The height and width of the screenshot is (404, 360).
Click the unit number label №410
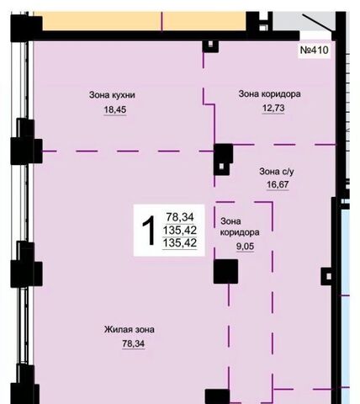[x=314, y=50]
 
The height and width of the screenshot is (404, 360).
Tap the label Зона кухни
[x=112, y=95]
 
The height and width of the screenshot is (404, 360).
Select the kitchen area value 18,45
[x=115, y=109]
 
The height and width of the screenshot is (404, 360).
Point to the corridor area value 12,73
[x=273, y=108]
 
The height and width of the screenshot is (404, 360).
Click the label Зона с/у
[x=277, y=171]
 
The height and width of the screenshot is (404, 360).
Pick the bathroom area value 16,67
[x=278, y=184]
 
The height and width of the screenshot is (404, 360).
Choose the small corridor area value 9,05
[x=245, y=247]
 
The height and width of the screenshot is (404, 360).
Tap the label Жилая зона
[x=130, y=329]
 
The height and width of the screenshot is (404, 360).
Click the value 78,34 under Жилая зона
[x=134, y=343]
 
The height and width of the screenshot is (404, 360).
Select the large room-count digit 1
[x=149, y=231]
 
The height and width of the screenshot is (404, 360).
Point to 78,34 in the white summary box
[x=180, y=217]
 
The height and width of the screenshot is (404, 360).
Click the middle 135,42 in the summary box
[x=180, y=230]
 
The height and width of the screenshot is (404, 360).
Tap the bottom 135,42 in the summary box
[x=180, y=242]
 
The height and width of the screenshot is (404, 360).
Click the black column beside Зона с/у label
[x=223, y=159]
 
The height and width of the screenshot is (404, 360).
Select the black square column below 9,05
[x=225, y=271]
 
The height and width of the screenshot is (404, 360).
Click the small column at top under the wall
[x=210, y=46]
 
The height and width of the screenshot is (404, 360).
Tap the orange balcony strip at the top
[x=144, y=21]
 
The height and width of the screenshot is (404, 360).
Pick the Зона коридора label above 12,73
[x=269, y=93]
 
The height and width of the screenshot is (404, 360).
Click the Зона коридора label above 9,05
[x=240, y=226]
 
